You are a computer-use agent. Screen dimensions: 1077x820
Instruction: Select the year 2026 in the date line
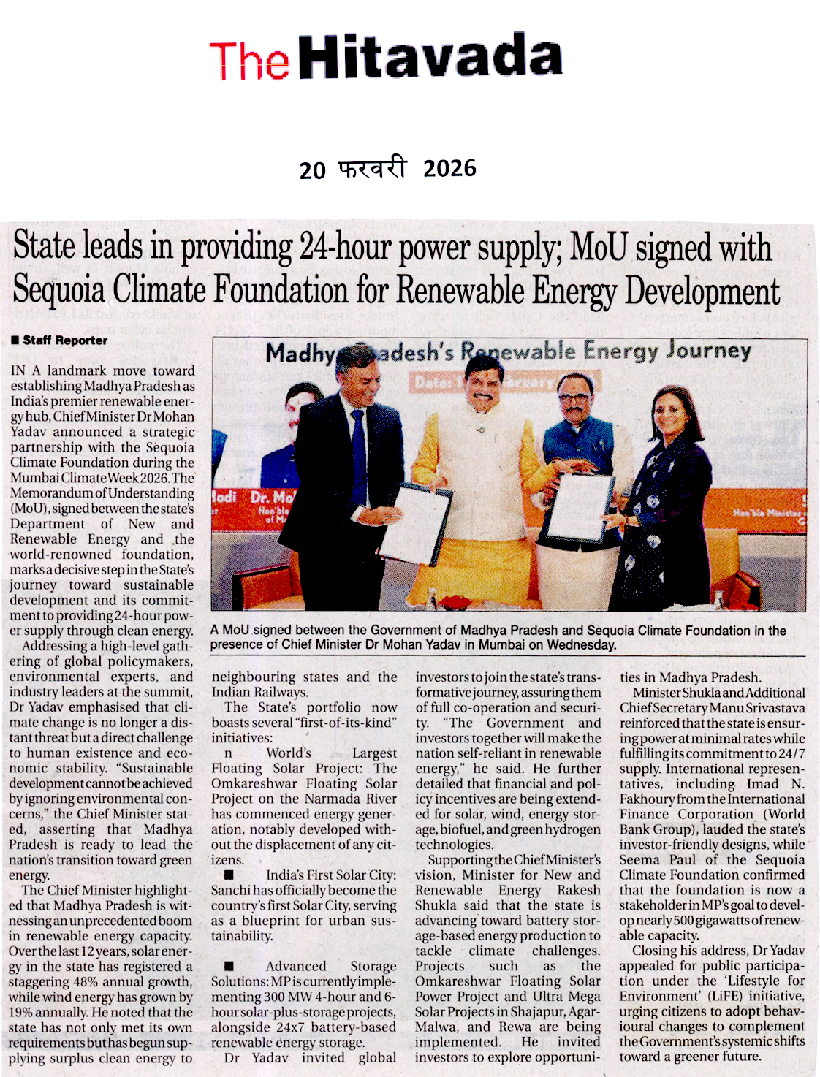click(x=449, y=169)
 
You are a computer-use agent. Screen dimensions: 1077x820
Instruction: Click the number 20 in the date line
click(x=312, y=170)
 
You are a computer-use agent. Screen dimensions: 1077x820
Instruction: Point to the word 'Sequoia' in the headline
click(x=58, y=290)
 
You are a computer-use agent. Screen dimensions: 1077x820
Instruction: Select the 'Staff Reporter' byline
click(x=64, y=340)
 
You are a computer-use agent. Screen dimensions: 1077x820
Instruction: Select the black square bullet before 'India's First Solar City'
click(x=229, y=875)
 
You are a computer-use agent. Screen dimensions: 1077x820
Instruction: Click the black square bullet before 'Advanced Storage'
click(x=229, y=967)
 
